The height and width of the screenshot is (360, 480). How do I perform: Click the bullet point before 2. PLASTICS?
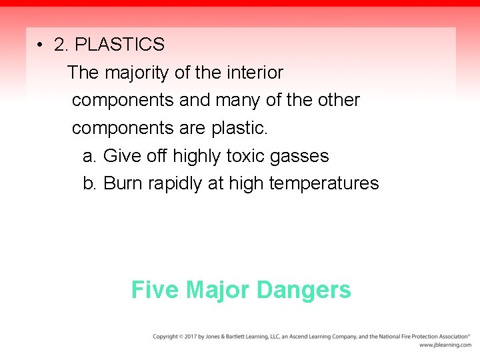(41, 45)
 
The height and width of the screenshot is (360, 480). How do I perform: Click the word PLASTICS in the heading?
(119, 45)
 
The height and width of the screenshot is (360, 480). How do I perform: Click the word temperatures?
(323, 184)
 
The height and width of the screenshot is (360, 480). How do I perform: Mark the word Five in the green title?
(155, 290)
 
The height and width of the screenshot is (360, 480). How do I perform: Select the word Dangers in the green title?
(303, 291)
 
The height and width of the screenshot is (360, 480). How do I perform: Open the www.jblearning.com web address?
(445, 345)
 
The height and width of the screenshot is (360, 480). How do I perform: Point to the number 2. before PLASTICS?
(61, 45)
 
